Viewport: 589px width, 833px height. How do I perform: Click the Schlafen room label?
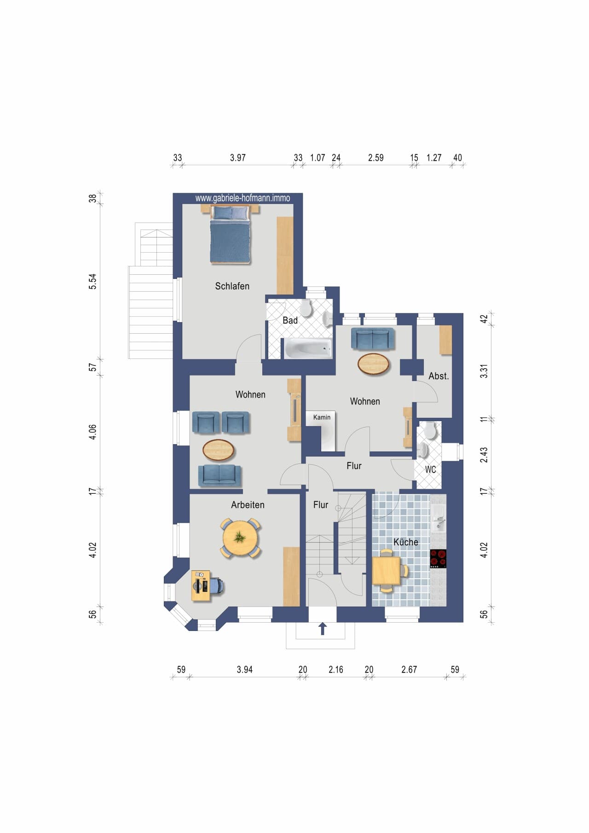(x=232, y=286)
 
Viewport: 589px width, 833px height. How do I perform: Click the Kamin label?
(x=322, y=417)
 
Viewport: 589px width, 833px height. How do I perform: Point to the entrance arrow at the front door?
(x=323, y=628)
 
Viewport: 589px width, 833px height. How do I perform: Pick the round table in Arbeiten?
(x=240, y=538)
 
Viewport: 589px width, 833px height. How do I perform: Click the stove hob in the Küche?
(x=438, y=559)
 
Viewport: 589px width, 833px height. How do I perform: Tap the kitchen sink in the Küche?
(x=438, y=518)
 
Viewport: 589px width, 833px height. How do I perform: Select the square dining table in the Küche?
(x=386, y=570)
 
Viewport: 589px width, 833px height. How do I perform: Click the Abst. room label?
(x=439, y=376)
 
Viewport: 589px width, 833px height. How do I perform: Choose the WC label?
(x=430, y=469)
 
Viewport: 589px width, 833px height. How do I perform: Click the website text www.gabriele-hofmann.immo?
(x=243, y=198)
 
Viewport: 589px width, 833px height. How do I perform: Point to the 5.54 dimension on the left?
(x=92, y=282)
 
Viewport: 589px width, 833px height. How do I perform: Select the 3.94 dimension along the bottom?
(x=244, y=670)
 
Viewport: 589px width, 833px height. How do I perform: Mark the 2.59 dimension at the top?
(x=375, y=158)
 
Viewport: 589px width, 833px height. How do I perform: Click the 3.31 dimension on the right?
(x=484, y=371)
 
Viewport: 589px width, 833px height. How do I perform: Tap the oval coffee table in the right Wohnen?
(x=374, y=364)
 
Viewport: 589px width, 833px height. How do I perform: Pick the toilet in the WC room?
(x=430, y=430)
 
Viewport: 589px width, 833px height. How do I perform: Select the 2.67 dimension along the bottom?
(x=409, y=670)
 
